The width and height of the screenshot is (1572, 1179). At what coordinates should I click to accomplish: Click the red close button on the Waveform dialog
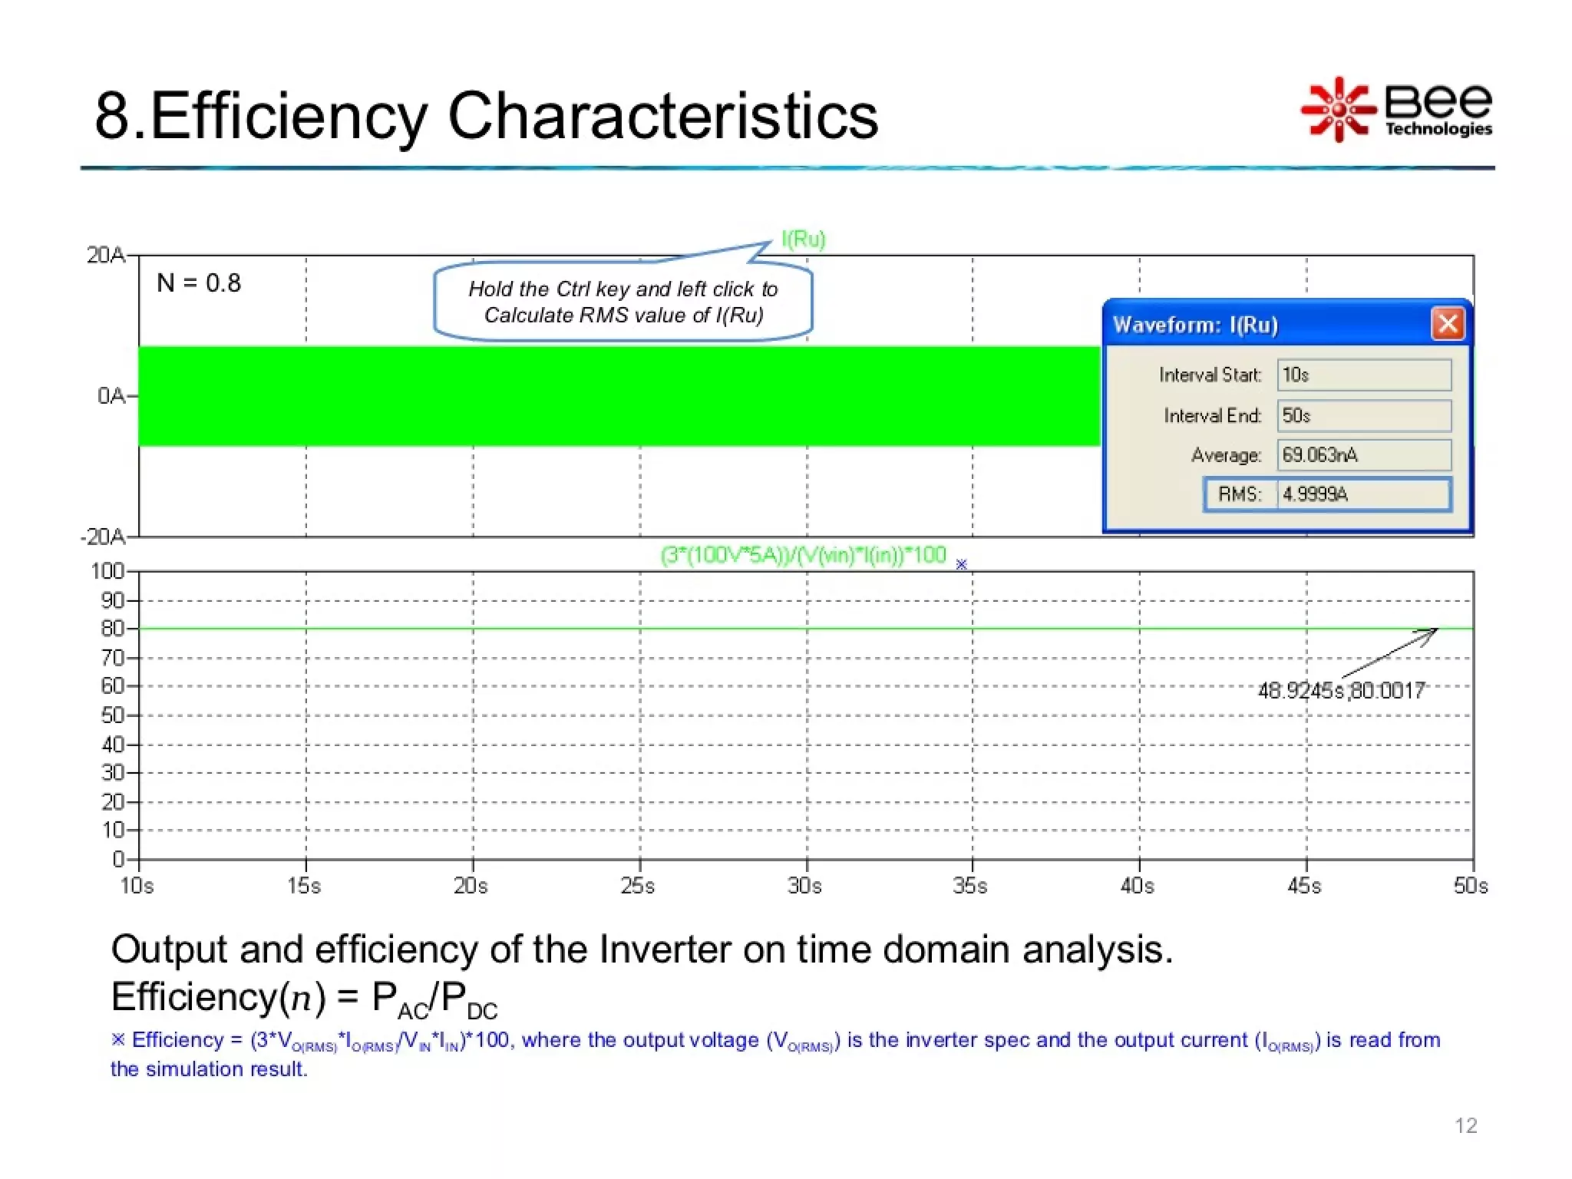click(1448, 324)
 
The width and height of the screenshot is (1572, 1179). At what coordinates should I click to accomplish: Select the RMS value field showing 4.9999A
click(1363, 494)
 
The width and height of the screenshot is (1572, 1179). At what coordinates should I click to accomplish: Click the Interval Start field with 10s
click(1363, 375)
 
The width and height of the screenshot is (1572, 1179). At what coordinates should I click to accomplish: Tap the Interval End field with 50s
click(1363, 416)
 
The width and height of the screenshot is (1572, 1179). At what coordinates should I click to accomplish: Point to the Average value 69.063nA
click(1363, 455)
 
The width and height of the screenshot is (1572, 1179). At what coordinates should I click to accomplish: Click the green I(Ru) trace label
click(803, 239)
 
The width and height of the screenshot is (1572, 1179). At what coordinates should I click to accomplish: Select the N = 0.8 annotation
click(199, 283)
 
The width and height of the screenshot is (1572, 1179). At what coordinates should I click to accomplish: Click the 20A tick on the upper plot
click(106, 256)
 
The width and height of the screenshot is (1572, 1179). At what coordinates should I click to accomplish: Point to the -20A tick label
click(103, 537)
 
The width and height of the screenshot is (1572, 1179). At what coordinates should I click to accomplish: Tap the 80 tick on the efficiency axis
click(112, 629)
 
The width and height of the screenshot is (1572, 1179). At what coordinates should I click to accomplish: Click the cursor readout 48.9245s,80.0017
click(1341, 691)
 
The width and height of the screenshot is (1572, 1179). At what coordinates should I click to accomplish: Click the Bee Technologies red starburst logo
click(1338, 110)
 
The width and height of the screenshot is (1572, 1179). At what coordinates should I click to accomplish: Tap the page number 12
click(1465, 1125)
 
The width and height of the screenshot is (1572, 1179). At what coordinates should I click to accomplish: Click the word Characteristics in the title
click(662, 116)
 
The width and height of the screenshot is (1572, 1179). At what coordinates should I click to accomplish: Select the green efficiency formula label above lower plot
click(803, 555)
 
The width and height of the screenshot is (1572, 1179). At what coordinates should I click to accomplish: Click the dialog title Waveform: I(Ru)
click(1195, 325)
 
